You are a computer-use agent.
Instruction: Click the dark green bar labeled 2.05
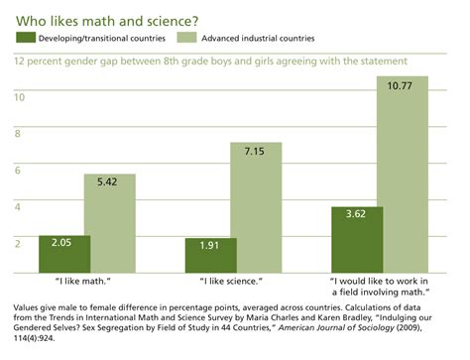[63, 254]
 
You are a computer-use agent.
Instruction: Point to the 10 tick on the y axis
[19, 97]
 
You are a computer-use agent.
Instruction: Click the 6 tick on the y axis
[17, 170]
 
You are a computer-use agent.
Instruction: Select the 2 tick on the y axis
[17, 242]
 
